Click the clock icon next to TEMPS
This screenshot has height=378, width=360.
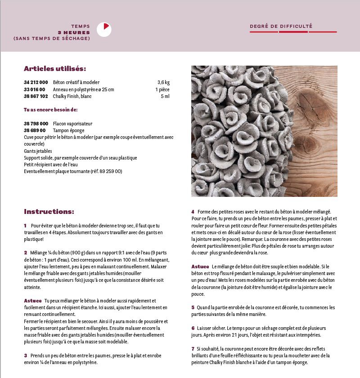(x=104, y=30)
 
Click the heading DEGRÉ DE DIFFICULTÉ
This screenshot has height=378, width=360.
(x=281, y=27)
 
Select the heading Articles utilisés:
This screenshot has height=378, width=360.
(x=55, y=69)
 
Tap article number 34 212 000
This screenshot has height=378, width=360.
(x=36, y=83)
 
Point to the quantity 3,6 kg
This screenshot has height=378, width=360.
(x=163, y=83)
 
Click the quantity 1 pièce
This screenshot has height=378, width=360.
(x=162, y=89)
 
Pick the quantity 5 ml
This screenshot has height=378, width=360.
(x=165, y=96)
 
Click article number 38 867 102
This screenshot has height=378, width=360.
(x=36, y=96)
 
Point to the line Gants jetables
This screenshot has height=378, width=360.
(x=38, y=151)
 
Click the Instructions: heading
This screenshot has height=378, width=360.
(x=49, y=212)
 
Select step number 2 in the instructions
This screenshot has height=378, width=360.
(x=26, y=253)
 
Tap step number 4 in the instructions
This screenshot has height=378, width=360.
(x=193, y=212)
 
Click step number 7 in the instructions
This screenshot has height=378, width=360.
(x=193, y=349)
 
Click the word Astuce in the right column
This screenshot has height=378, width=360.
(x=200, y=267)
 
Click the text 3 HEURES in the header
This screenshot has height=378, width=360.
(x=74, y=32)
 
